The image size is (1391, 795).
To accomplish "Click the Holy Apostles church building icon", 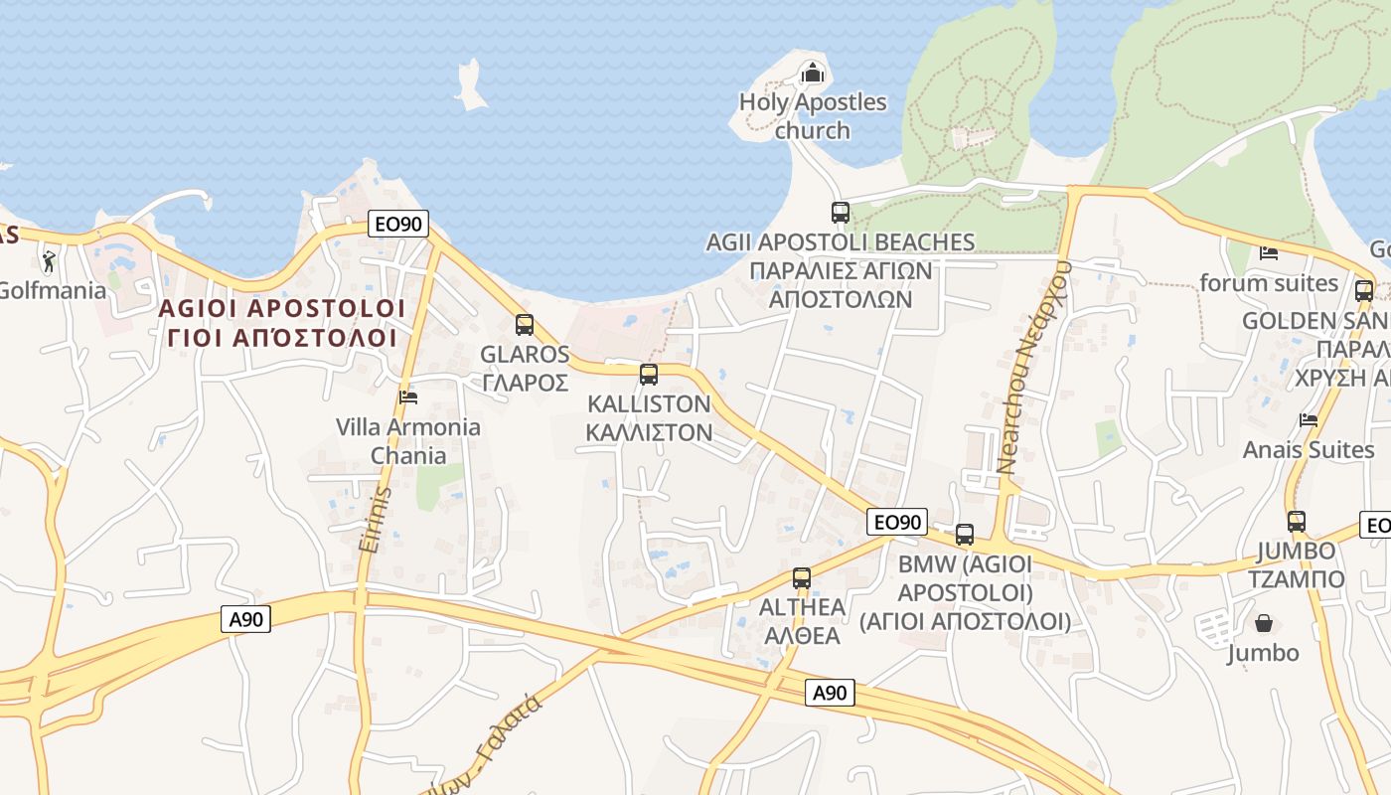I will (x=813, y=73).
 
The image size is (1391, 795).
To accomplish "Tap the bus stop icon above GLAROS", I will (x=525, y=325).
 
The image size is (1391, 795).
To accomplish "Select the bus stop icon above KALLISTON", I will (x=649, y=375).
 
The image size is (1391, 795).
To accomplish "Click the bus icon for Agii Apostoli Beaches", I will (x=841, y=212).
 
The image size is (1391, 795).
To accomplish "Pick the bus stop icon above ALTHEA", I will (x=802, y=578).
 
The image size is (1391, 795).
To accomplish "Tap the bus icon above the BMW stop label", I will (x=965, y=535).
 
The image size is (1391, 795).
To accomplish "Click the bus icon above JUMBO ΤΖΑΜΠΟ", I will (x=1297, y=522).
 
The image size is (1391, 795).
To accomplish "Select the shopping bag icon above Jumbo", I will (x=1264, y=624).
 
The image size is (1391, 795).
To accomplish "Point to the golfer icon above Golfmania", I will (x=49, y=261).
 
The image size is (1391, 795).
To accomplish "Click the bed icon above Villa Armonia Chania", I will (x=407, y=397).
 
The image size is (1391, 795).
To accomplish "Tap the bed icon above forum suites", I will (x=1269, y=253).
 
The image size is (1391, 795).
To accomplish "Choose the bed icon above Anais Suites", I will (x=1309, y=420).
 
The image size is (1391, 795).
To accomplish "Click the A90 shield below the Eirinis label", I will (x=245, y=620).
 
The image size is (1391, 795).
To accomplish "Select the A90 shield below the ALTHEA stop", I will (x=829, y=693).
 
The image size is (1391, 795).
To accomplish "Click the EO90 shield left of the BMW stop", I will (x=897, y=522).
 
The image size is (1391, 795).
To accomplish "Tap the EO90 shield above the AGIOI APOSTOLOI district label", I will (x=398, y=225).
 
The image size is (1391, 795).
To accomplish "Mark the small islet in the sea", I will (x=471, y=84).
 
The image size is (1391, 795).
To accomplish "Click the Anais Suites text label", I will (x=1309, y=450).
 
